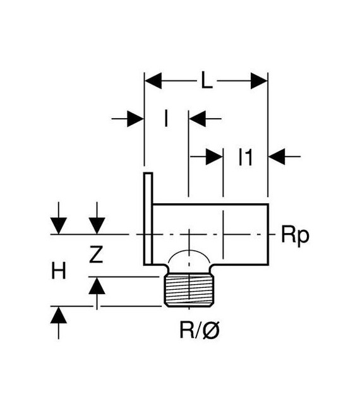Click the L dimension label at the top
206,81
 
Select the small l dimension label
166,118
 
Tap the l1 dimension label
246,156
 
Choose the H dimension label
58,271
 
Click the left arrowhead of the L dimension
153,81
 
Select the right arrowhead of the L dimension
259,81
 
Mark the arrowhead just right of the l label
197,118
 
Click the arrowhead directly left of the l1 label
214,156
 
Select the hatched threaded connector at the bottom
191,292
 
